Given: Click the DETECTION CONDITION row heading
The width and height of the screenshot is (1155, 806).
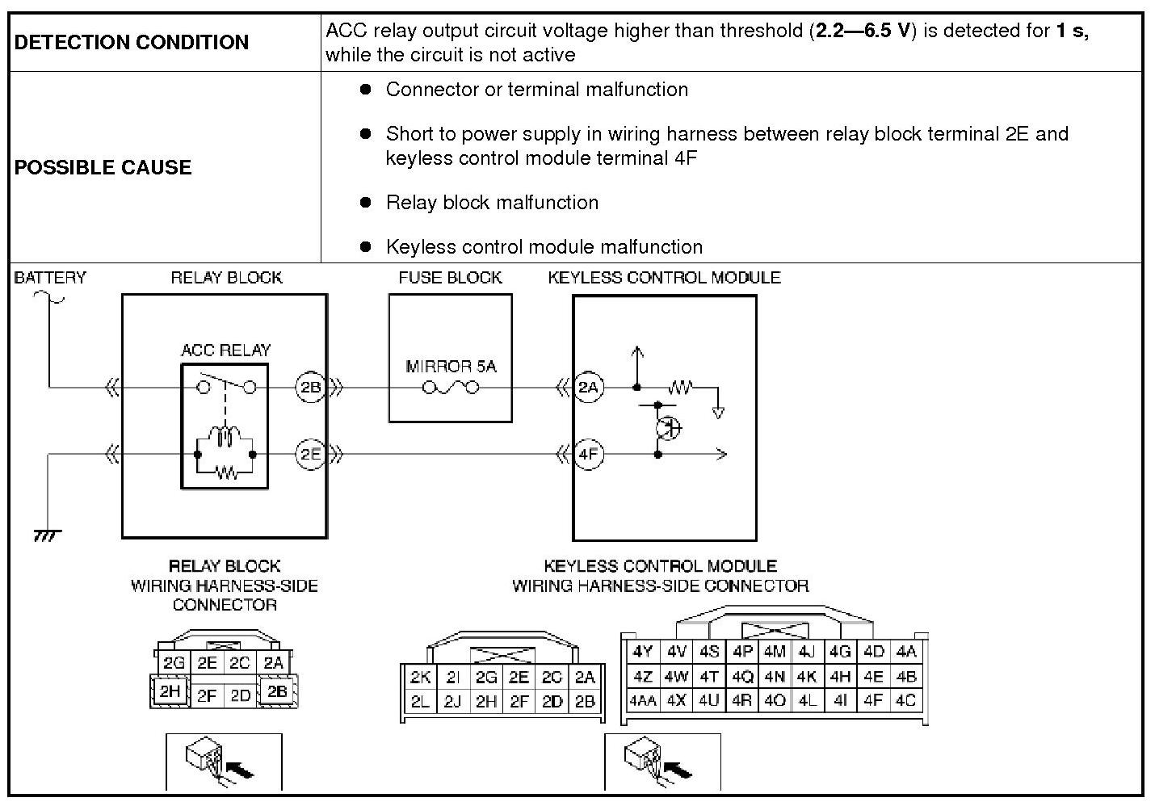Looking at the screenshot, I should coord(132,43).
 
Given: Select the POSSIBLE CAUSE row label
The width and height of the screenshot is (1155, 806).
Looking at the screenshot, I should coord(103,168).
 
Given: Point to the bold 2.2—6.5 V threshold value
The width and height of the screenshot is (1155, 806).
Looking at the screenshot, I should coord(865,31).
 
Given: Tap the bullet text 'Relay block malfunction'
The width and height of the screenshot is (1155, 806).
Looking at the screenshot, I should coord(492,203).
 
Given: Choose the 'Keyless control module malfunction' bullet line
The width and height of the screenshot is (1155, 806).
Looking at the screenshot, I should coord(544,247).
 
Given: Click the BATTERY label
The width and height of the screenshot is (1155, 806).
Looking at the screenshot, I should coord(50,278).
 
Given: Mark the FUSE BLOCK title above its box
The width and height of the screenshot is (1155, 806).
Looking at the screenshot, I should coord(450,278).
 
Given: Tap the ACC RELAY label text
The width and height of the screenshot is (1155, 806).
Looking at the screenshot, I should coord(225,351).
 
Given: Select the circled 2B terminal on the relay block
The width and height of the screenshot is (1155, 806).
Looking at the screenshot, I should coord(311,388).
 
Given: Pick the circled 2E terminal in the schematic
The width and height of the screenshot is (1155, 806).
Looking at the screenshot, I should coord(311,455).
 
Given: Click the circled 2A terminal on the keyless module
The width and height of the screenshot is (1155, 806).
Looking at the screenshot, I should coord(589,388).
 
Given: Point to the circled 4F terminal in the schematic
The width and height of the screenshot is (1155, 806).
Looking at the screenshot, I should coord(589,455).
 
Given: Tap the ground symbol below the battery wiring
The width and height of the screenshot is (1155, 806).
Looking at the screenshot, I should coord(48,535).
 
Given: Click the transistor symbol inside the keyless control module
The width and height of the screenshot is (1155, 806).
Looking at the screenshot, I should coord(667,427).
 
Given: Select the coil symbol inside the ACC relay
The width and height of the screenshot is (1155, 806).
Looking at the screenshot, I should coord(225,437).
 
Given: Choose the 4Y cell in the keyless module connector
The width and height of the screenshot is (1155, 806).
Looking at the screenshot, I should coord(643,652).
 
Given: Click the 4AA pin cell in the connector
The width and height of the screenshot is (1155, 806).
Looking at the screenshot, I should coord(643,701).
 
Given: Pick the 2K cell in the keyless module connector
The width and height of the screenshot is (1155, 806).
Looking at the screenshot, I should coord(420,678).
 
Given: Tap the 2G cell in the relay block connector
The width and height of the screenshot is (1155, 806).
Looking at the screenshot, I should coord(174,663).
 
